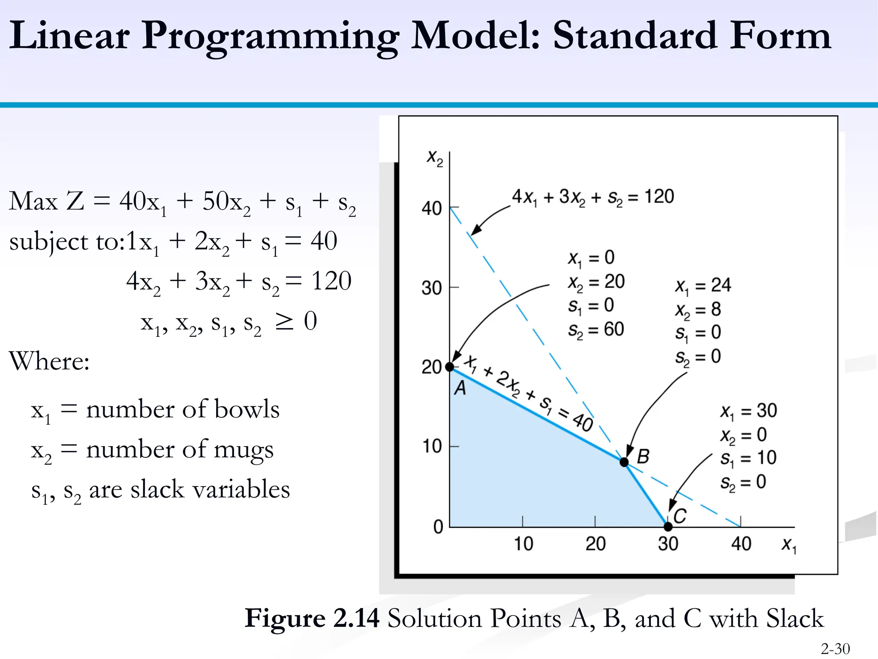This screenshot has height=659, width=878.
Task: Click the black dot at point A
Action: tap(449, 367)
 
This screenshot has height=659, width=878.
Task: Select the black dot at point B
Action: tap(624, 462)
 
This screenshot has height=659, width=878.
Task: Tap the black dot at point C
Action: tap(668, 526)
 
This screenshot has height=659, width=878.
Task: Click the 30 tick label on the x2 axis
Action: tap(431, 288)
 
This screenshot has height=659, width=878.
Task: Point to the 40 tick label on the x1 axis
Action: tap(741, 544)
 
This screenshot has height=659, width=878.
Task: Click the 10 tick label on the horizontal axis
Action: tap(523, 544)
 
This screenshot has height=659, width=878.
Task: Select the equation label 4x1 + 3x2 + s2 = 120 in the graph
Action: tap(593, 197)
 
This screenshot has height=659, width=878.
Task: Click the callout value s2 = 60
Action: tap(596, 329)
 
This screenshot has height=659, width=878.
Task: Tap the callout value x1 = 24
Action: tap(703, 285)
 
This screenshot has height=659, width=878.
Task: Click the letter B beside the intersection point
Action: tap(643, 456)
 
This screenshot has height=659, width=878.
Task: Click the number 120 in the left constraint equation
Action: tap(331, 281)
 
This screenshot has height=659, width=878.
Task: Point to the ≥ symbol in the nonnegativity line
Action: tap(284, 321)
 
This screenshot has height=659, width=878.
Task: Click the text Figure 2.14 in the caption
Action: tap(312, 618)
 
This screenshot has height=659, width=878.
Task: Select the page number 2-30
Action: tap(835, 649)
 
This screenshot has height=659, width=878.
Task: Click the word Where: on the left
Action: tap(49, 361)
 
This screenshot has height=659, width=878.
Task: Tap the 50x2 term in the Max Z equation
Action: tap(226, 202)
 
